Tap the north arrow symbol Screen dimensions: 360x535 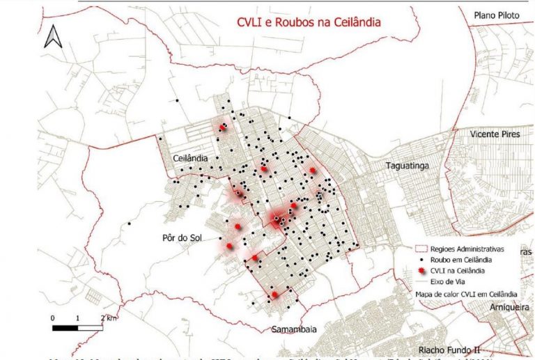click(x=54, y=36)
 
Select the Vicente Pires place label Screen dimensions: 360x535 click(x=495, y=134)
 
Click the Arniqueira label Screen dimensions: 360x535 click(x=504, y=306)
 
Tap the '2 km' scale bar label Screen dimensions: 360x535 click(x=108, y=318)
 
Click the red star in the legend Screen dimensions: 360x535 click(x=417, y=269)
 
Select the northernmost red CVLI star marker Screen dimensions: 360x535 click(x=223, y=127)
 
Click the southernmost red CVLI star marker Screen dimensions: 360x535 click(x=274, y=295)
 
